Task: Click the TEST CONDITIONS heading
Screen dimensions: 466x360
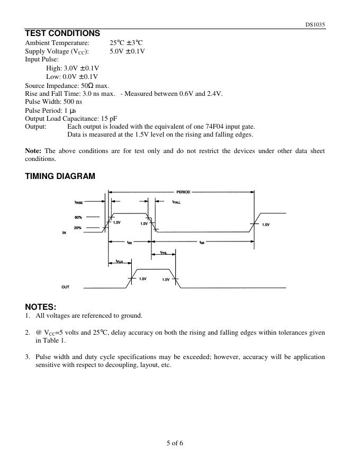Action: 62,33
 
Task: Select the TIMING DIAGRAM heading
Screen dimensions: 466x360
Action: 60,176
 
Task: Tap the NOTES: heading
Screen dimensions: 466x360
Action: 41,307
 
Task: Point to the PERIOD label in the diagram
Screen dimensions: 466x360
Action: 183,192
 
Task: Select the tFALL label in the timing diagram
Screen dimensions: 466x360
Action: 176,202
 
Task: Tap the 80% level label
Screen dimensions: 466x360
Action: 78,217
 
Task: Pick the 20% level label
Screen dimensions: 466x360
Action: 78,228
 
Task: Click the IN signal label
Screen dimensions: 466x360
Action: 64,233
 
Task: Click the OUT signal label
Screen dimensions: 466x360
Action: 65,287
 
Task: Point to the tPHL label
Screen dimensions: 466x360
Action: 164,253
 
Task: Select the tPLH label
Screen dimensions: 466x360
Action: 120,262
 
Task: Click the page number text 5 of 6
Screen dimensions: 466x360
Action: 175,443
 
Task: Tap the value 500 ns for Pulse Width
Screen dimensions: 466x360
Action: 71,102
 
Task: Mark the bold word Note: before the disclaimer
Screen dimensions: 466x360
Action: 33,151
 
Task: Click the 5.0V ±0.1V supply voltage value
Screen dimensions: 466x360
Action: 127,51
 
